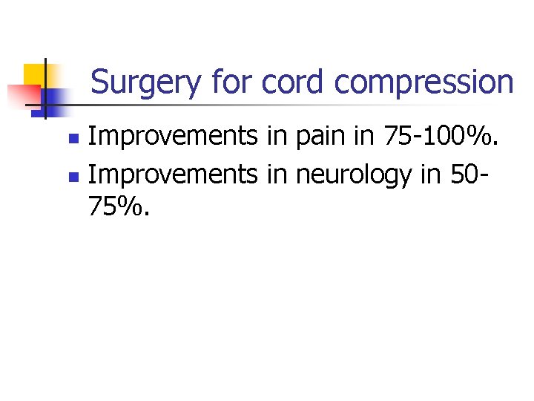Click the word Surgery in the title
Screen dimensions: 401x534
point(145,82)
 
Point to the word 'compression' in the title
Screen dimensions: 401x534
point(423,82)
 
